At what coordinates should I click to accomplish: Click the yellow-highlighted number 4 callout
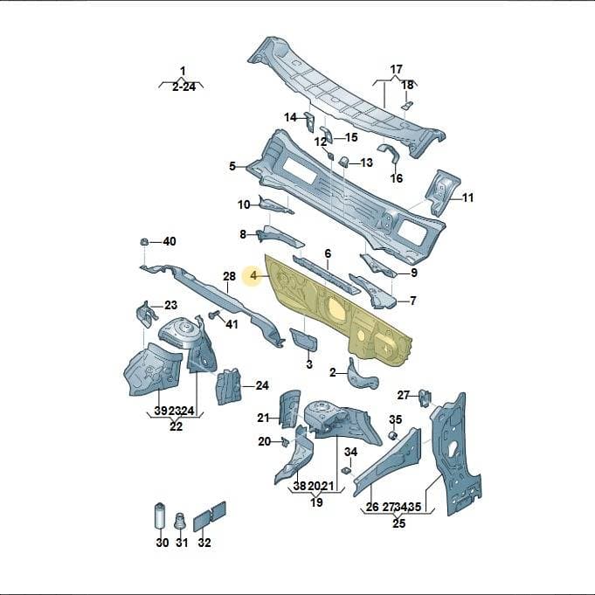253,276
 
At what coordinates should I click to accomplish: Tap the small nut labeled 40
144,241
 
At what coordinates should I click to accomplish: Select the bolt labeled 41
215,315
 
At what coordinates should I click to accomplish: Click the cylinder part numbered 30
160,515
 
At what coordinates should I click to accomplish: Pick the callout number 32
204,543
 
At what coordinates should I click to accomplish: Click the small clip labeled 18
407,106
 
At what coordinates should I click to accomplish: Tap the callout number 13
366,163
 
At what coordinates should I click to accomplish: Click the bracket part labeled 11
441,192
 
